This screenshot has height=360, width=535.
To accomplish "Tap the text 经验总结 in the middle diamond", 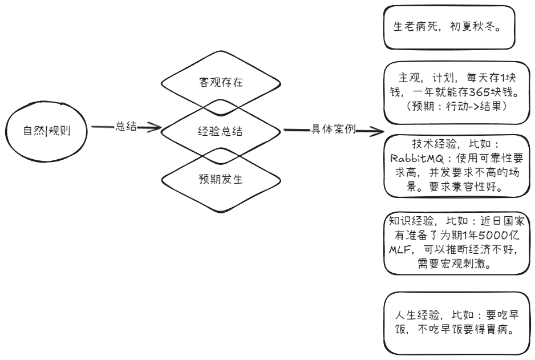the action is pyautogui.click(x=220, y=131).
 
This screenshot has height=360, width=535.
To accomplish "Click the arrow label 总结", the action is pyautogui.click(x=126, y=126).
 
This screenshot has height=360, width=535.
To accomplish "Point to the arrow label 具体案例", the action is pyautogui.click(x=333, y=130).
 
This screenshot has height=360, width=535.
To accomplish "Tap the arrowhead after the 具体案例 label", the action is pyautogui.click(x=376, y=131).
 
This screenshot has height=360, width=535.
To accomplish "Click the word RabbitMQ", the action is pyautogui.click(x=417, y=159).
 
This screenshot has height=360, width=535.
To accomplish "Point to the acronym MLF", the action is pyautogui.click(x=400, y=250).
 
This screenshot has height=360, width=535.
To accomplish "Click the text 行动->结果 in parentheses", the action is pyautogui.click(x=473, y=107).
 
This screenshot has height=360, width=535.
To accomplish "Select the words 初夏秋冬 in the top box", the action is pyautogui.click(x=472, y=27).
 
